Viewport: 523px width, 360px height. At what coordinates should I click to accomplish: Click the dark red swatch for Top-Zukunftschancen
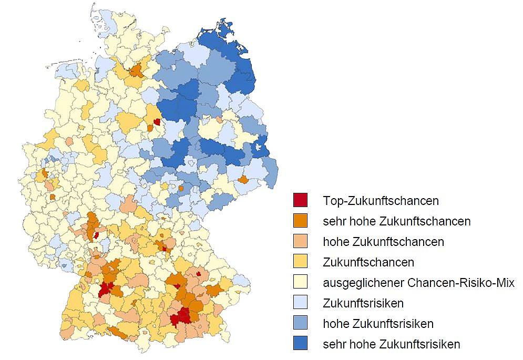point(300,200)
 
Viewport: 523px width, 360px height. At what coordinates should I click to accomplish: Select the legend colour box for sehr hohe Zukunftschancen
point(300,221)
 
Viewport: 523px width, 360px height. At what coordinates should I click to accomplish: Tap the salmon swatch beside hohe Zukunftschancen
point(300,241)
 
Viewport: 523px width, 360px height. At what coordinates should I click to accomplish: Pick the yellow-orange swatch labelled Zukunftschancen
point(300,262)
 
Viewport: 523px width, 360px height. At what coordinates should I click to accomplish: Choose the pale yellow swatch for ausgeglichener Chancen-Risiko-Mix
point(300,282)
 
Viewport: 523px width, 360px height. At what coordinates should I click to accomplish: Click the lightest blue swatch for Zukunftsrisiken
point(300,303)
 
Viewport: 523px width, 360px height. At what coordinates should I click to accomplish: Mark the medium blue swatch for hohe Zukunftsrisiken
point(300,323)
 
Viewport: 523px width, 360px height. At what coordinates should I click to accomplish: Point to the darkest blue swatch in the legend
point(300,344)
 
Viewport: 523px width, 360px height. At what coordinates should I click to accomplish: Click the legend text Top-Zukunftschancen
point(381,201)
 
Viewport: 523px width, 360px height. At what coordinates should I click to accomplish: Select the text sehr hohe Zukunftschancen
point(396,221)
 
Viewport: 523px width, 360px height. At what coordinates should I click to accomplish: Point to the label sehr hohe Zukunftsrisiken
point(391,345)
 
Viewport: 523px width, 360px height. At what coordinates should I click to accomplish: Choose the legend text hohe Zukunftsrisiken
point(378,324)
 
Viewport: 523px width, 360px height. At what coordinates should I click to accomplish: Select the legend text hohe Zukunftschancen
point(383,242)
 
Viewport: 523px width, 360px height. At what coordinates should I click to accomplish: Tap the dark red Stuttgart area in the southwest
point(108,288)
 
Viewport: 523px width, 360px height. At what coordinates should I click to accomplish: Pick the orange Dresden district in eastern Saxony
point(243,180)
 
